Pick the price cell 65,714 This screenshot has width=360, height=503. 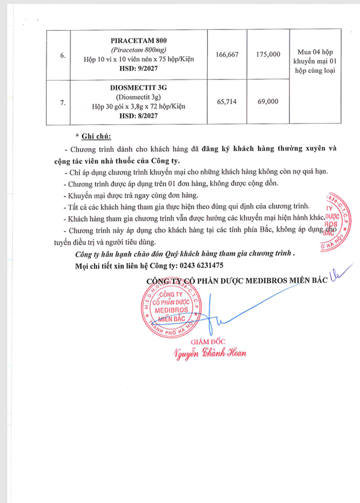pos(226,101)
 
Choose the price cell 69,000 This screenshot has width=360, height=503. pos(268,101)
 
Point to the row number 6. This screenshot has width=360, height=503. pos(63,55)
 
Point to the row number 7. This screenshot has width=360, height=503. pos(63,102)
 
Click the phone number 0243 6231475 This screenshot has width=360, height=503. pos(199,266)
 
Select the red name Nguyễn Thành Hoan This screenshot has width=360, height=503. pos(209,353)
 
